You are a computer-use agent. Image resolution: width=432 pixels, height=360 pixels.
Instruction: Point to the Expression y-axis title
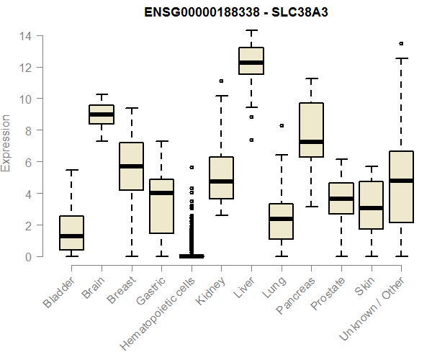tap(6, 143)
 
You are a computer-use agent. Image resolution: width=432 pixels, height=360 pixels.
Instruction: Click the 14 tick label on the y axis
tap(25, 36)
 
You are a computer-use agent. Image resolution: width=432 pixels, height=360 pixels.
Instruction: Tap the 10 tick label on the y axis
tap(25, 99)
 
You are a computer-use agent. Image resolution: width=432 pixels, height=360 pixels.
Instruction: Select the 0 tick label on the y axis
tap(28, 257)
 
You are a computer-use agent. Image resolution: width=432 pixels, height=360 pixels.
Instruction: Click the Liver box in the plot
tap(251, 60)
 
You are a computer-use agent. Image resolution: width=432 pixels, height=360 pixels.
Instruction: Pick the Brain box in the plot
tap(102, 114)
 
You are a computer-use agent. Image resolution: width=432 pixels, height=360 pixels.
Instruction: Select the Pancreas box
tap(311, 130)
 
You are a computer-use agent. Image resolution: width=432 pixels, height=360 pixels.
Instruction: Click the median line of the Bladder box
tap(71, 236)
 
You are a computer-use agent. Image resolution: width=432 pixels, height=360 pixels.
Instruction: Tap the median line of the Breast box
tap(131, 166)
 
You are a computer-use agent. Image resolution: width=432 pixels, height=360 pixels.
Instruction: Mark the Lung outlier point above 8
tap(282, 125)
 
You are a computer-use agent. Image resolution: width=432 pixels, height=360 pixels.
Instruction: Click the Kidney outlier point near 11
tap(221, 81)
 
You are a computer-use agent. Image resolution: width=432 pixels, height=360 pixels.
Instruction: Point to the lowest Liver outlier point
tap(251, 140)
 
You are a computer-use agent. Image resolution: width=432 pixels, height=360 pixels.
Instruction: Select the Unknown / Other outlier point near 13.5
tap(401, 43)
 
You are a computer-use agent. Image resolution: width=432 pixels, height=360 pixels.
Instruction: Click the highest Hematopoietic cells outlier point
tap(192, 167)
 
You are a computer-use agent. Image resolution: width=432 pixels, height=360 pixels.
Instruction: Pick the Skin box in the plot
tap(371, 205)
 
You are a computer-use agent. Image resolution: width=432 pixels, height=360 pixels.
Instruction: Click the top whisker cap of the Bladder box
tap(71, 170)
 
